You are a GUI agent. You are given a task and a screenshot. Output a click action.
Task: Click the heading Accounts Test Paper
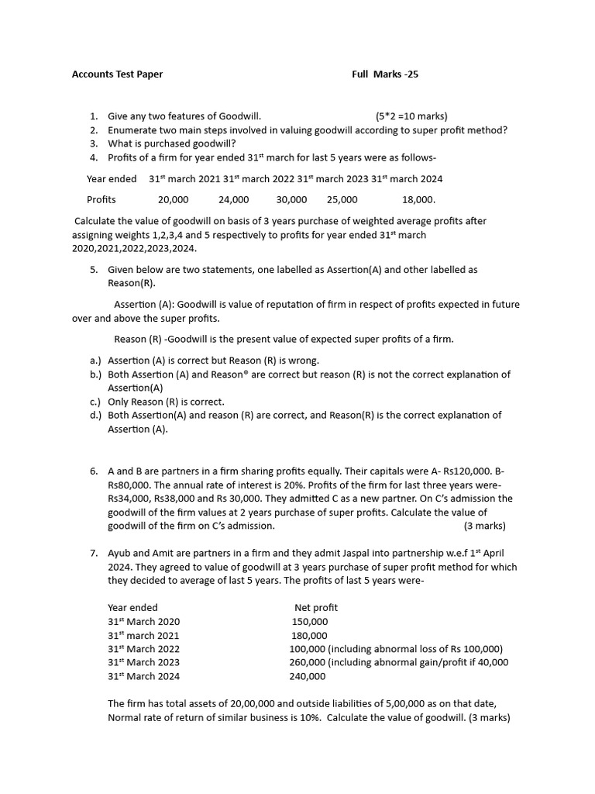[x=117, y=74]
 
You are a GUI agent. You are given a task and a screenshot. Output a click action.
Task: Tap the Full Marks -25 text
[x=385, y=74]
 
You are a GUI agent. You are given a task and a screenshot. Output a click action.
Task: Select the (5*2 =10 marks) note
[x=411, y=116]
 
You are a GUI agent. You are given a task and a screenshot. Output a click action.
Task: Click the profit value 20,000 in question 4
[x=173, y=200]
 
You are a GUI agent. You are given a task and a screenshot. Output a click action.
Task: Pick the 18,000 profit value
[x=418, y=200]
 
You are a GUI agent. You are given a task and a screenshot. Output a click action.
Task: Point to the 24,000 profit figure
[x=233, y=200]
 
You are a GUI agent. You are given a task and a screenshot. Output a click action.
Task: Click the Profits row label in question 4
[x=101, y=200]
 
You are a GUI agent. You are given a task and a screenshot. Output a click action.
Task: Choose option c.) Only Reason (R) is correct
[x=166, y=402]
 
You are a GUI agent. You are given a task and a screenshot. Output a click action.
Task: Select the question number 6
[x=93, y=471]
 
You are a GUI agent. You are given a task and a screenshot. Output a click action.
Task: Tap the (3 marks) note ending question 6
[x=484, y=526]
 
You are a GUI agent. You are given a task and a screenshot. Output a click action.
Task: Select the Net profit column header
[x=316, y=608]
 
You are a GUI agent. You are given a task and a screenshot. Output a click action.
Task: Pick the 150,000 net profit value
[x=310, y=622]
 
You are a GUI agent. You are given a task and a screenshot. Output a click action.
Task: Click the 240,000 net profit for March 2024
[x=308, y=676]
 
